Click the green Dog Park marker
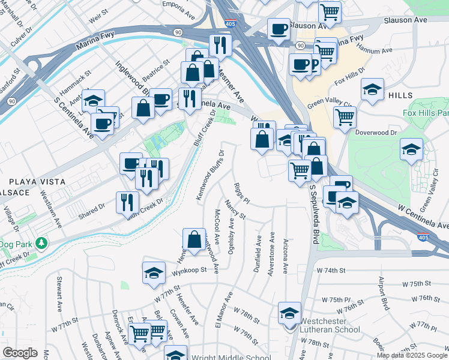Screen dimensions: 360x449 41,244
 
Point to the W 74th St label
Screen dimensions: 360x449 347,270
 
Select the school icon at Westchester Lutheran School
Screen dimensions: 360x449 289,312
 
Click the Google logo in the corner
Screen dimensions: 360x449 19,353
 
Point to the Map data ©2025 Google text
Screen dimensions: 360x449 412,355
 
